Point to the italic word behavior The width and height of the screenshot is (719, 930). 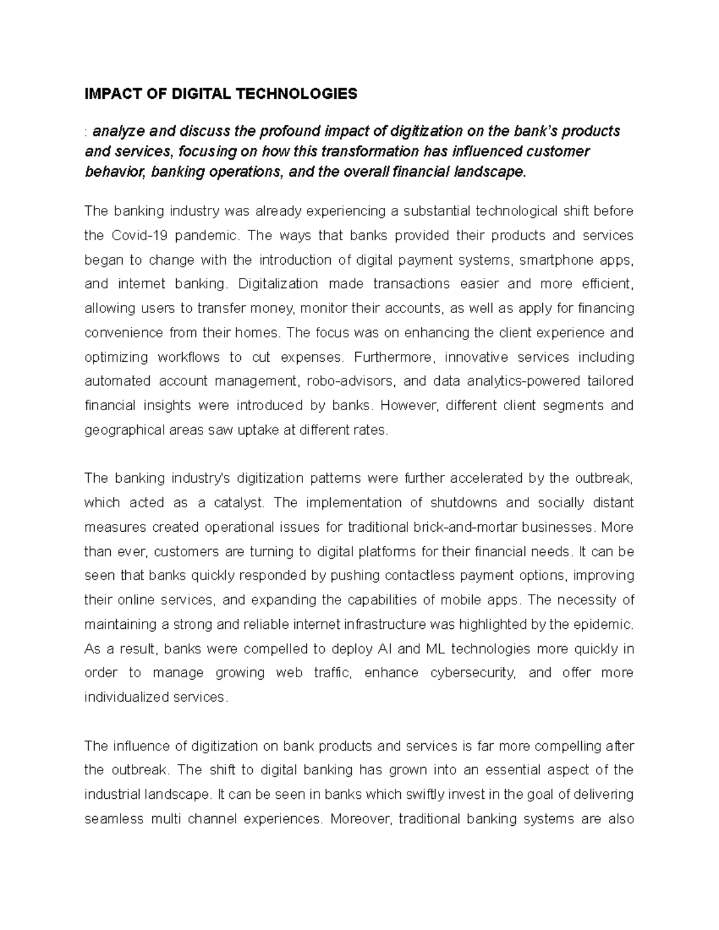tap(114, 172)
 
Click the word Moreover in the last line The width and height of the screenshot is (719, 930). tap(362, 819)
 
